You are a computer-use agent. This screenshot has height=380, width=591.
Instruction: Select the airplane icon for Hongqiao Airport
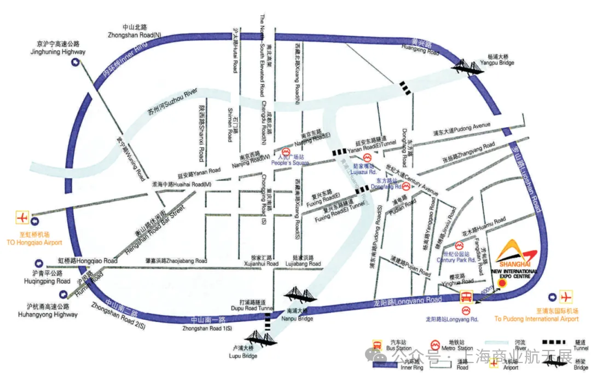[x=22, y=217]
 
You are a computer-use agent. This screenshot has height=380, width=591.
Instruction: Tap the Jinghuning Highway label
[x=58, y=48]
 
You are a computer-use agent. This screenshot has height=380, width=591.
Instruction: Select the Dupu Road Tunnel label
[x=256, y=305]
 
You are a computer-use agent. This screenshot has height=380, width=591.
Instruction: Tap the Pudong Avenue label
[x=461, y=129]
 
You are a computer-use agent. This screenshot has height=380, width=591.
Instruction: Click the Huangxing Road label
[x=421, y=49]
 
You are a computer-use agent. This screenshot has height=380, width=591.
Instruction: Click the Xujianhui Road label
[x=264, y=261]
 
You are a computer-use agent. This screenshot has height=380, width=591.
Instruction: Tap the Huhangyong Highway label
[x=52, y=310]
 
